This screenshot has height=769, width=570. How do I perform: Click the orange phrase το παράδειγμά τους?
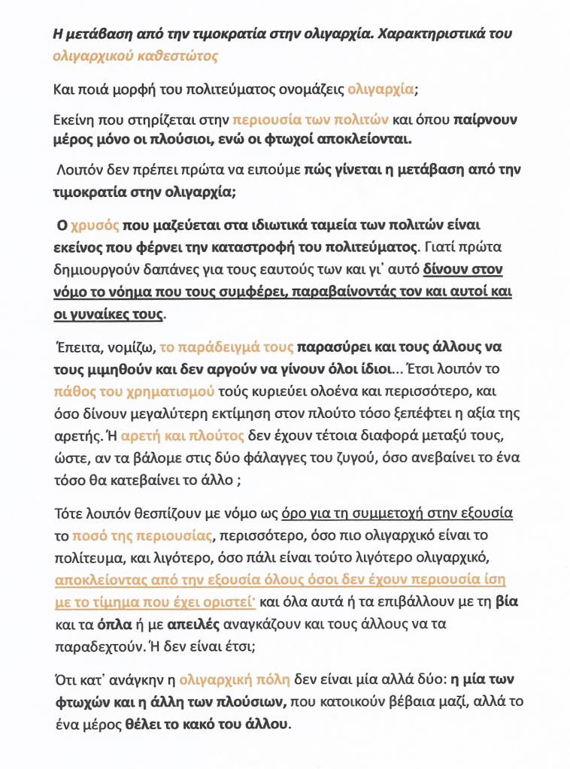(226, 349)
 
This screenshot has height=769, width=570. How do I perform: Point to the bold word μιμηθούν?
(109, 370)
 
